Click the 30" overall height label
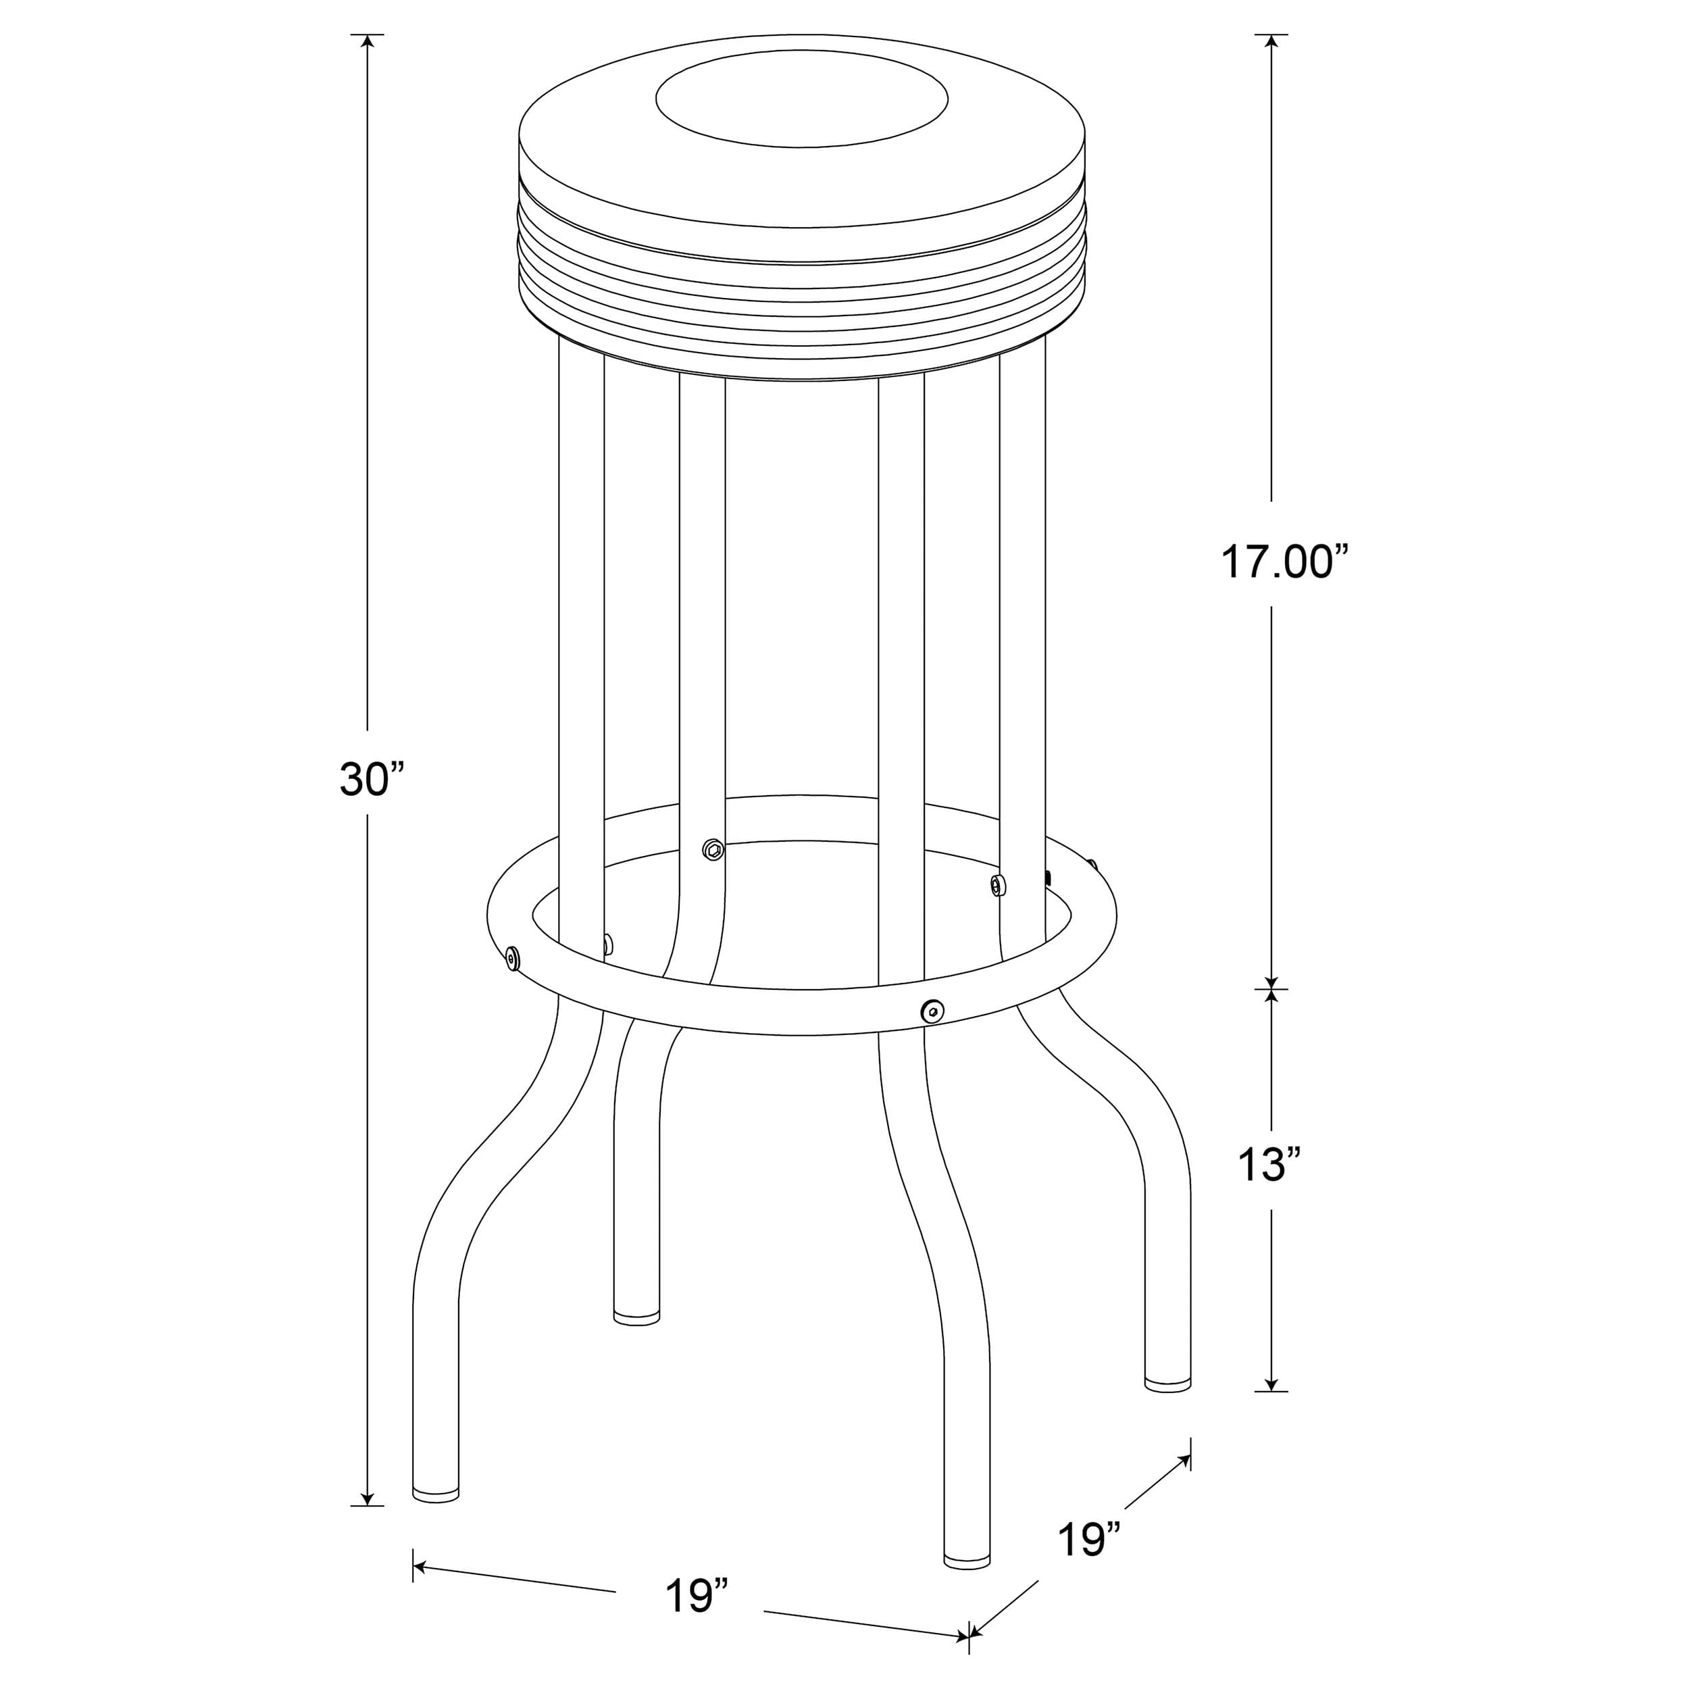(372, 780)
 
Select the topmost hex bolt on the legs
(713, 848)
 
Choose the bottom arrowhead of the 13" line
(1271, 1406)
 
